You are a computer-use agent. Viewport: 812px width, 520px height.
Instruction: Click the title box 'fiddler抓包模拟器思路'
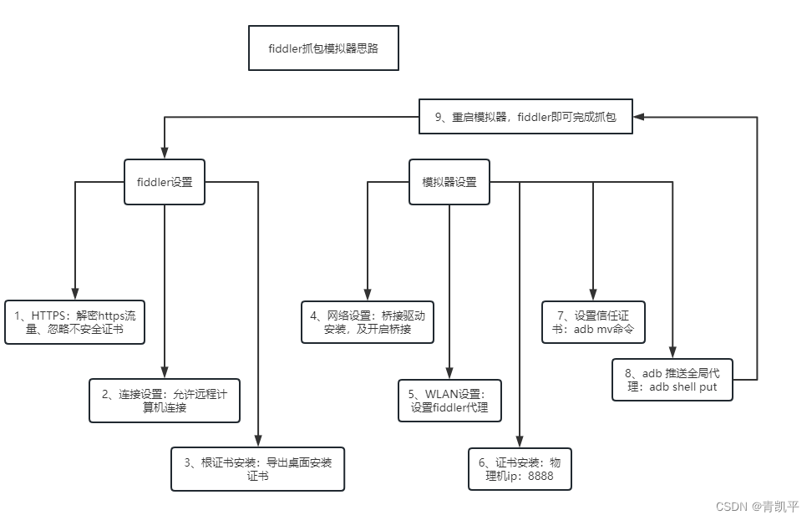(x=322, y=48)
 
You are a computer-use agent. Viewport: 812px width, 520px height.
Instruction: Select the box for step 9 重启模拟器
(x=525, y=118)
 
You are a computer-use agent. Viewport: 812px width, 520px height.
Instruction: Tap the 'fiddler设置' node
(x=165, y=182)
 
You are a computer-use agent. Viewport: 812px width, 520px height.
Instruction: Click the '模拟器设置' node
(x=449, y=182)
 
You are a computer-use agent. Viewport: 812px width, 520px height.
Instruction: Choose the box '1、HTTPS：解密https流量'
(x=74, y=322)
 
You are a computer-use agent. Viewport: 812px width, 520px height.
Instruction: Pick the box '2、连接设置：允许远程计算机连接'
(x=165, y=401)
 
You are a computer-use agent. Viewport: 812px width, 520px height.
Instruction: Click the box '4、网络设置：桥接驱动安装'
(x=368, y=322)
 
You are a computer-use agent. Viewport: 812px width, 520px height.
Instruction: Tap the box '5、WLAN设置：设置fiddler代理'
(x=449, y=401)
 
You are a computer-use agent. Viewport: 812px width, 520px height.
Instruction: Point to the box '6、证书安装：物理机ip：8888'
(x=520, y=470)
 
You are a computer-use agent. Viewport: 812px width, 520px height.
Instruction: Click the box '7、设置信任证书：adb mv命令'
(x=593, y=322)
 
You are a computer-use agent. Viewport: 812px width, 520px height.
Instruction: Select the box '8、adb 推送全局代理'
(x=672, y=380)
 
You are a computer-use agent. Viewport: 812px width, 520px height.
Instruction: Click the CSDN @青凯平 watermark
(x=758, y=506)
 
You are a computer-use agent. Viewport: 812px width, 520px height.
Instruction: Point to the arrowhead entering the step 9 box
(x=639, y=118)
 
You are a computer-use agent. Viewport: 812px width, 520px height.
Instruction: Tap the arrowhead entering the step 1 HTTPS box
(x=74, y=295)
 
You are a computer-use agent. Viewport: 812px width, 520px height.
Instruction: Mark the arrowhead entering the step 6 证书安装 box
(x=520, y=444)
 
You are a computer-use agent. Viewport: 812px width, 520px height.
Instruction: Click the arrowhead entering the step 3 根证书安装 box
(x=257, y=444)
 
